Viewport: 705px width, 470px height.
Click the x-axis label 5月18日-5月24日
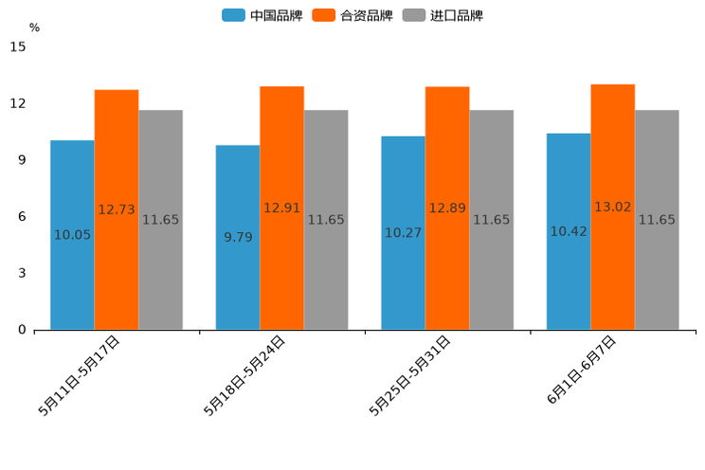(244, 375)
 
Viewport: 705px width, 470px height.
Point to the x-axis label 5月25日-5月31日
(410, 375)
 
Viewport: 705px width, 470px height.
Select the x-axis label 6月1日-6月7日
(582, 371)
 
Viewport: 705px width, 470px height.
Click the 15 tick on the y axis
(18, 46)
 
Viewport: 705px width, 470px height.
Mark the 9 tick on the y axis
(22, 160)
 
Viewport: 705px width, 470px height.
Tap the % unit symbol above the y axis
(34, 27)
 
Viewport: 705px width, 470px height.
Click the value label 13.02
(612, 207)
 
